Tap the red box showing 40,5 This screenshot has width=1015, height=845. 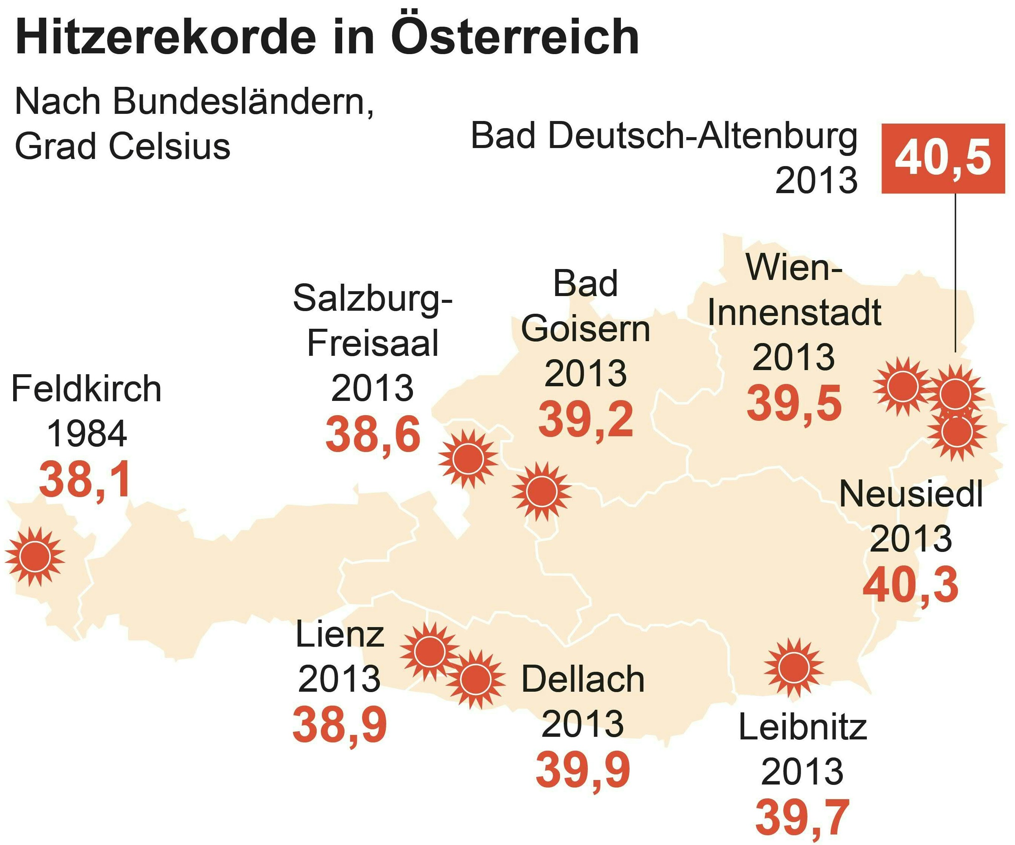click(942, 159)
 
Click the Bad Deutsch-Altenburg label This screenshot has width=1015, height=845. click(664, 137)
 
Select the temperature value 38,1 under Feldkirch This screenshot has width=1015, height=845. click(85, 480)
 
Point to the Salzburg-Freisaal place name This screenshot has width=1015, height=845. click(373, 320)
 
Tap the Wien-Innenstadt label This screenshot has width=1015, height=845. click(794, 290)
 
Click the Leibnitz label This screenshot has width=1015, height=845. click(802, 728)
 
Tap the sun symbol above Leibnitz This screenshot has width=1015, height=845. click(793, 667)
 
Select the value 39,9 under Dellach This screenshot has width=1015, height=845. click(583, 770)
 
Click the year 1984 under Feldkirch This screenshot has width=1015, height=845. click(87, 434)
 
